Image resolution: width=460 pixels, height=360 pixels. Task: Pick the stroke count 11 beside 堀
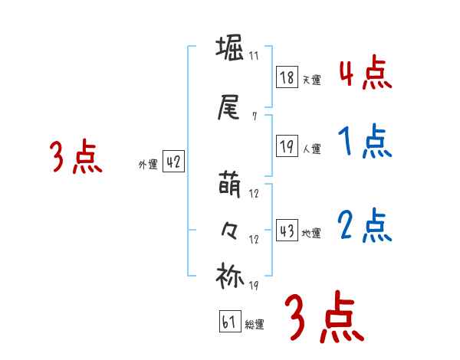(254, 56)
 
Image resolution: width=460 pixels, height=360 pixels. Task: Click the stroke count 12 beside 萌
(254, 194)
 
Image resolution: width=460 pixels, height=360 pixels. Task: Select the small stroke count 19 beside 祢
(254, 285)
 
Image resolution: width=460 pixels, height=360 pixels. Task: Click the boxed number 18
(287, 77)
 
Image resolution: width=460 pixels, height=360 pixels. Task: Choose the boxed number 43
(287, 231)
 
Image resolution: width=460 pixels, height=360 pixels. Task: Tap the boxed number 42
(173, 162)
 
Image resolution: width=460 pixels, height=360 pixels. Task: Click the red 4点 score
(365, 72)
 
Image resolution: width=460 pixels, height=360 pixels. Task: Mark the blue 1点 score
(365, 142)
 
